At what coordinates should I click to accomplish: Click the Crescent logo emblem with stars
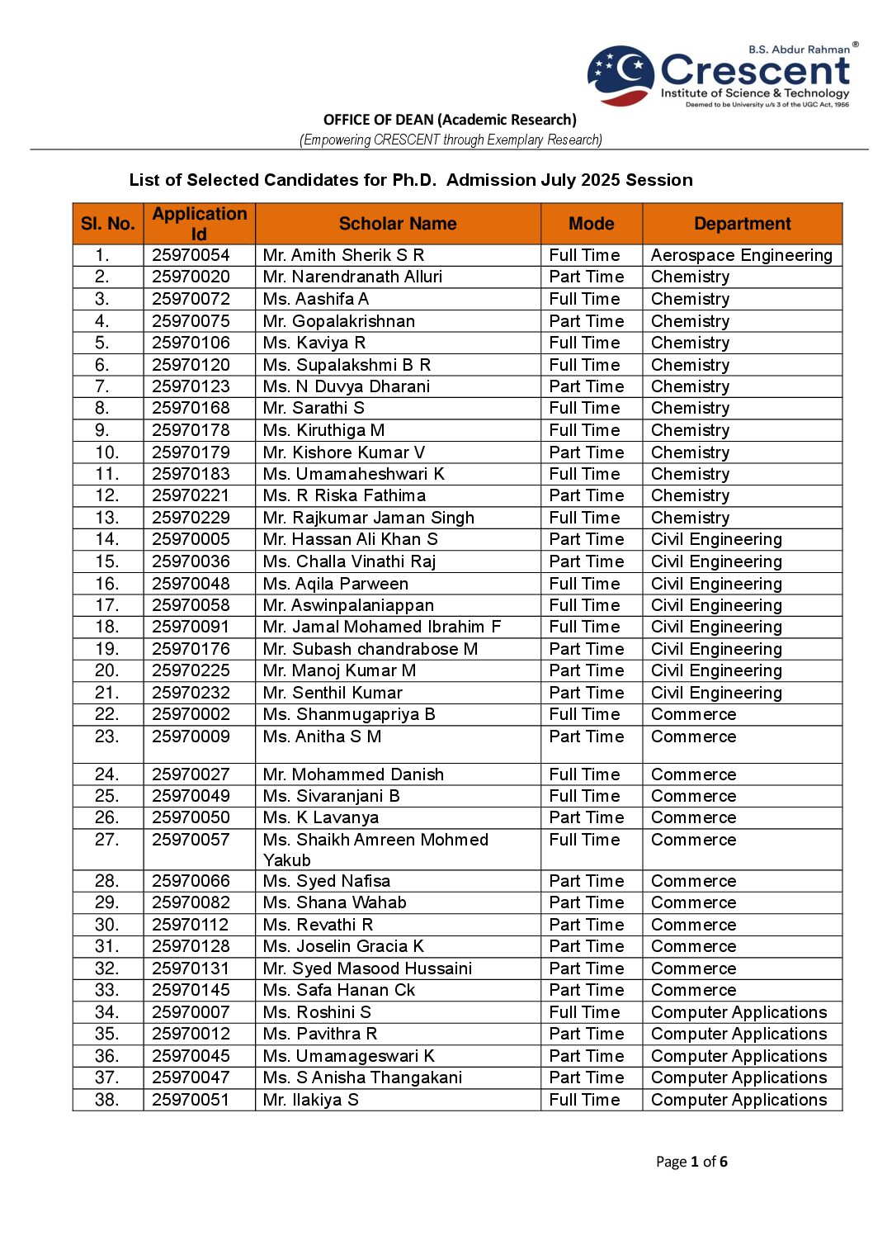click(621, 75)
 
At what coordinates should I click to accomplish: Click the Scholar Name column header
click(397, 224)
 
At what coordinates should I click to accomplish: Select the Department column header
click(742, 224)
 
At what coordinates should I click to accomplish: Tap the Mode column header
click(591, 224)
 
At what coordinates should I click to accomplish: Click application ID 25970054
click(191, 255)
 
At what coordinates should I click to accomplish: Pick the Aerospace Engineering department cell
click(741, 255)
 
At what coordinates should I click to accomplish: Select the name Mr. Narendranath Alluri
click(352, 277)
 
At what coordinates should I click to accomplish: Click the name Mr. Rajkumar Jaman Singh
click(368, 518)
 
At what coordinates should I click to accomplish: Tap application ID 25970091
click(191, 627)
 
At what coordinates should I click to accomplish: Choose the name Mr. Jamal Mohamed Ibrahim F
click(381, 627)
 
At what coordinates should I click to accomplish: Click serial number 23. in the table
click(106, 736)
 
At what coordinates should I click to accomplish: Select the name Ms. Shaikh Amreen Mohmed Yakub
click(375, 850)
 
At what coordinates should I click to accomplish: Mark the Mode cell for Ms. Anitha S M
click(586, 736)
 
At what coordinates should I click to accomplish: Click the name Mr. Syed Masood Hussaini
click(367, 968)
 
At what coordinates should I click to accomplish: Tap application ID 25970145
click(191, 990)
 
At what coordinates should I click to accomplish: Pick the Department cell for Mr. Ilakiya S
click(739, 1100)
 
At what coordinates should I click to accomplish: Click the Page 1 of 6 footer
click(691, 1162)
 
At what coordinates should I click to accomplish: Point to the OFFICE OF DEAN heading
click(450, 120)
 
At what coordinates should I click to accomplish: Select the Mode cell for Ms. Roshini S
click(584, 1012)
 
